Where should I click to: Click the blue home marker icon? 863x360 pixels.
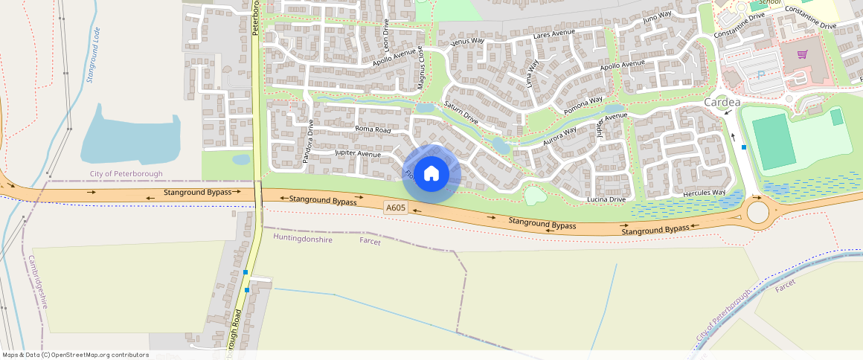click(431, 175)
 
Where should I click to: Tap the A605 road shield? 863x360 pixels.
click(396, 208)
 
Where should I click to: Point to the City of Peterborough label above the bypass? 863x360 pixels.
click(126, 174)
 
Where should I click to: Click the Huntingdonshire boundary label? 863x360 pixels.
click(303, 238)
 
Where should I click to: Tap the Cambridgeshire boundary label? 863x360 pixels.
click(39, 282)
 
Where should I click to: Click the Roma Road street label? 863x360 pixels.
click(373, 129)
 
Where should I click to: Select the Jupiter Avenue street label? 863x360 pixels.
click(358, 154)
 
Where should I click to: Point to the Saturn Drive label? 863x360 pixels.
click(461, 112)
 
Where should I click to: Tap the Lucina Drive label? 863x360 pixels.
click(606, 199)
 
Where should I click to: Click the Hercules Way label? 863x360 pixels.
click(703, 193)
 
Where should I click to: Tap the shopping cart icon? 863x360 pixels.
click(802, 54)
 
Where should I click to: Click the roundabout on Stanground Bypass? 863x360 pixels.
click(759, 212)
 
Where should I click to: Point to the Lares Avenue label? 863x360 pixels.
click(554, 34)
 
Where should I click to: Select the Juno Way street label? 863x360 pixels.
click(657, 16)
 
